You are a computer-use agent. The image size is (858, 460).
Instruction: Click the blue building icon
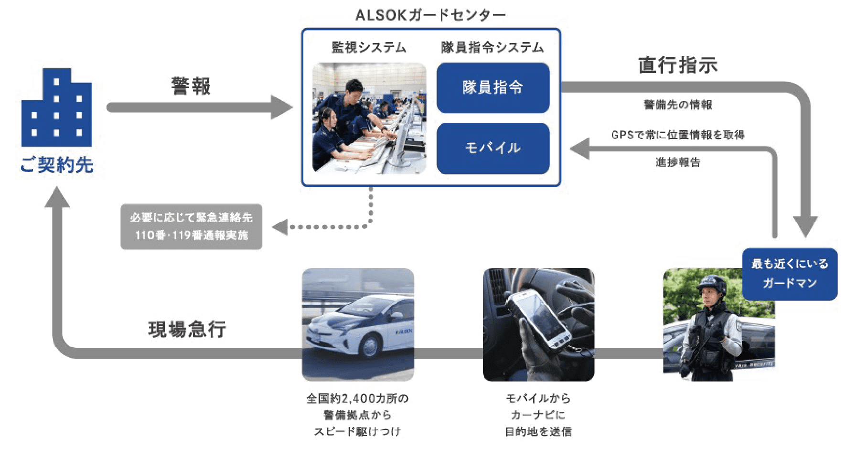(57, 107)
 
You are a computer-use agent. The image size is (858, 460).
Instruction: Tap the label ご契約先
(57, 165)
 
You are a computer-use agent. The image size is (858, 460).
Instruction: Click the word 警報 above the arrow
(191, 86)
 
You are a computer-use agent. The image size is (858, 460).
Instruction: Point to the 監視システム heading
(369, 47)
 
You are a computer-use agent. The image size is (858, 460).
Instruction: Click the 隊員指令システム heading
(493, 47)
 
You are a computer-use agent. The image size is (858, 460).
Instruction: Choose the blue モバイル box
(493, 148)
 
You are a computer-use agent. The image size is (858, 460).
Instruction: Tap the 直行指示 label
(678, 65)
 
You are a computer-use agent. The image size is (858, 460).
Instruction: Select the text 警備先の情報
(678, 105)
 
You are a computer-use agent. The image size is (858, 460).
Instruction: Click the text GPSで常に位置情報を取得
(678, 135)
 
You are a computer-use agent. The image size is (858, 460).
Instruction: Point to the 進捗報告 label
(678, 162)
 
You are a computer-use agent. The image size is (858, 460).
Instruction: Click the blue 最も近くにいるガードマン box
(790, 274)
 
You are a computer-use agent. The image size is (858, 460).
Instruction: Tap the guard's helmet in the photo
(711, 284)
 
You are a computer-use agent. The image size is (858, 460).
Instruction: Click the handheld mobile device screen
(542, 317)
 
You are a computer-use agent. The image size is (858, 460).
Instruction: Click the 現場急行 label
(187, 330)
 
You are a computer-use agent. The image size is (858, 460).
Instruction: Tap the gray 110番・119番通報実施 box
(191, 227)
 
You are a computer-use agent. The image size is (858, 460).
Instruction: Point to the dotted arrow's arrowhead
(280, 227)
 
